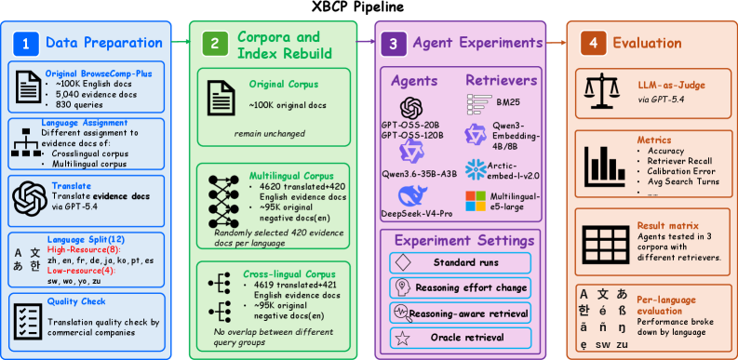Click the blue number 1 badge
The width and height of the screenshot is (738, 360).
click(x=25, y=44)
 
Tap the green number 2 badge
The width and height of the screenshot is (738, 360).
click(x=215, y=44)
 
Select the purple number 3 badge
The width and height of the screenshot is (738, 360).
click(x=394, y=44)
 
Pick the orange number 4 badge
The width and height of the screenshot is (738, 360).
click(x=593, y=44)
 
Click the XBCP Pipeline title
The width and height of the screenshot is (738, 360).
click(x=357, y=7)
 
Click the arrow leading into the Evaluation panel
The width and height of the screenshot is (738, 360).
click(x=556, y=43)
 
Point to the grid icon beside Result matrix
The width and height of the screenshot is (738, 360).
click(x=606, y=242)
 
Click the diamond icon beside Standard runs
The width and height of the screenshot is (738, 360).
click(x=404, y=262)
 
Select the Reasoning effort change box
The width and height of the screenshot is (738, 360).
click(x=461, y=287)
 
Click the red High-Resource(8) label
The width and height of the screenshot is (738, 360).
click(x=84, y=249)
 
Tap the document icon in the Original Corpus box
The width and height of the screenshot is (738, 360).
click(x=221, y=98)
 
